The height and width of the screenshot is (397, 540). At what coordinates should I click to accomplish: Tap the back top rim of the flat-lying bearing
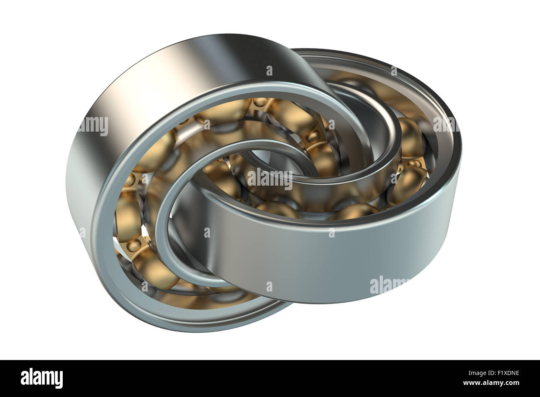click(x=374, y=69)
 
